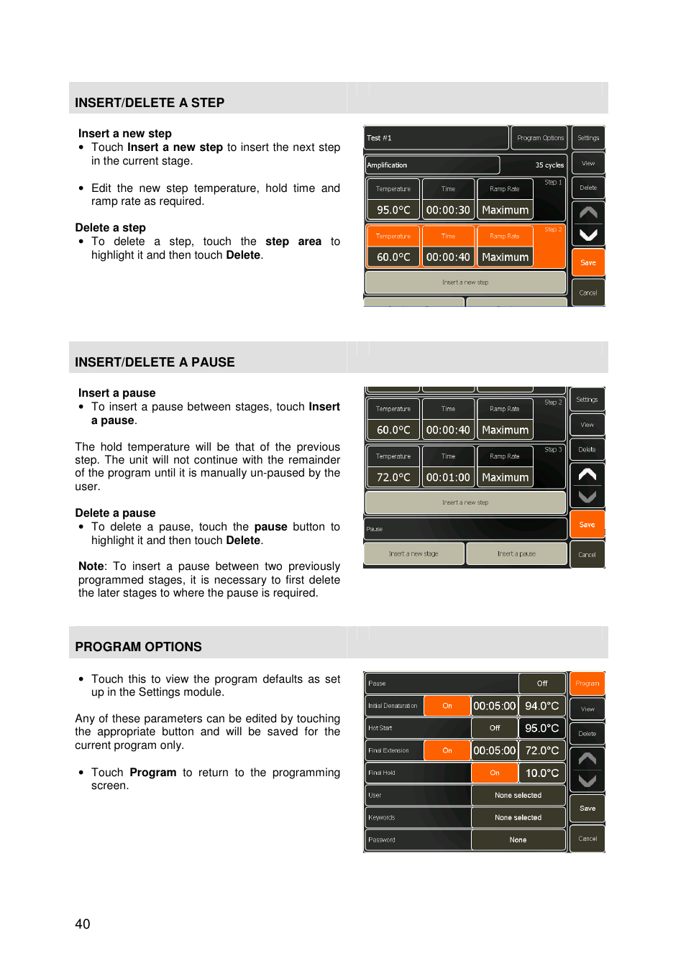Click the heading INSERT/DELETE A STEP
click(x=150, y=103)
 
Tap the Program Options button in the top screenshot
click(x=540, y=138)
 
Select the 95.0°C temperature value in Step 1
click(x=393, y=210)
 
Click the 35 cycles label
click(x=549, y=165)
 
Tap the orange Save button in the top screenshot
click(x=588, y=263)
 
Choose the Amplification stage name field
click(x=431, y=165)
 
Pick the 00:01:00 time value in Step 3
click(x=448, y=477)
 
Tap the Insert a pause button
click(x=516, y=554)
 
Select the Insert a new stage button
click(x=413, y=554)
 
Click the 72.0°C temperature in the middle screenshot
click(x=393, y=477)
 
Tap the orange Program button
click(x=587, y=684)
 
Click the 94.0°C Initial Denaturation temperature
click(x=542, y=706)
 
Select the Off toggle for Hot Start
click(x=495, y=728)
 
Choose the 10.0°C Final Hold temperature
click(x=542, y=773)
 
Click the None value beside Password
click(x=518, y=840)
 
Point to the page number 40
click(x=83, y=924)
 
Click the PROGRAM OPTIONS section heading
click(x=138, y=647)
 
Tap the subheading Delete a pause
click(x=115, y=513)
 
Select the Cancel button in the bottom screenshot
click(x=587, y=839)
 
